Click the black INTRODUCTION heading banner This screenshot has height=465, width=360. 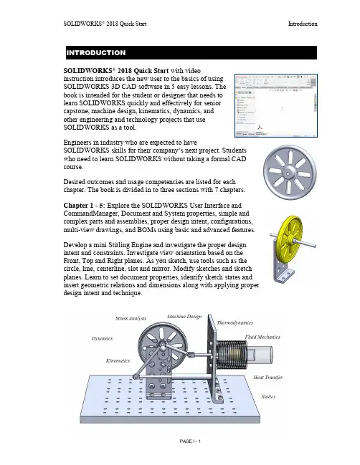pos(191,53)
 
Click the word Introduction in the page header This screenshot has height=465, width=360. pos(303,24)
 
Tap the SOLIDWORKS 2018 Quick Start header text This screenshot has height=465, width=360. pos(105,24)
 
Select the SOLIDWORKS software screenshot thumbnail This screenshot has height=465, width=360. pos(276,105)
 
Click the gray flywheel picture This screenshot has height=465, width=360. pos(290,172)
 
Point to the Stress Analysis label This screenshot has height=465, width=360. pos(131,319)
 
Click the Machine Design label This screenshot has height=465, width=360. pos(184,317)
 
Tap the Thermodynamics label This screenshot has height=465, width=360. pos(235,322)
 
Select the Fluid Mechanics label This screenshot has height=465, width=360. pos(262,337)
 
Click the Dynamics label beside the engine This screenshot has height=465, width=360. pos(102,338)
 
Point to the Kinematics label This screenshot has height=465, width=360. pos(118,360)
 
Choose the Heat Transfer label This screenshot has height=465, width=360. pos(267,377)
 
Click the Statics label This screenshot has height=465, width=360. pos(268,396)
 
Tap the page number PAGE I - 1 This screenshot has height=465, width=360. pos(190,441)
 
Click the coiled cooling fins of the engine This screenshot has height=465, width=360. pos(232,355)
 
